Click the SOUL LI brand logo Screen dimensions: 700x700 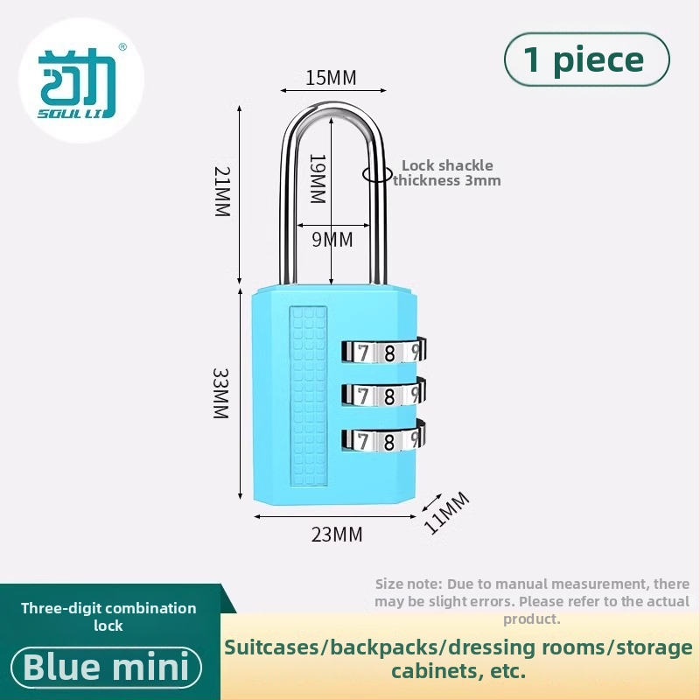[x=77, y=83]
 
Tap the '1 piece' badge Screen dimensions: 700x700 [x=586, y=59]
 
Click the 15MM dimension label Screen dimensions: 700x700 [x=332, y=78]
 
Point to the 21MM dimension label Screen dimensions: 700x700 [x=222, y=192]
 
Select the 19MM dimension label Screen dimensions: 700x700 [x=318, y=178]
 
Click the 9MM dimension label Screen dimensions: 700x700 [x=332, y=240]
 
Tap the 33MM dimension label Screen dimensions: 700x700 [x=220, y=393]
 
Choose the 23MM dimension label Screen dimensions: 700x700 [x=337, y=535]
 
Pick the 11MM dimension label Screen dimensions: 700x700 [x=446, y=513]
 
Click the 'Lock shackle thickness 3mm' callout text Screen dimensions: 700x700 [x=447, y=172]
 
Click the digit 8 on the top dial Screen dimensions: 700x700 [x=389, y=353]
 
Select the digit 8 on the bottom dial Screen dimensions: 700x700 [x=388, y=442]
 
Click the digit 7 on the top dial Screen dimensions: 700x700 [x=363, y=353]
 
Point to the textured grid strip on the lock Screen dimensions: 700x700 [x=308, y=396]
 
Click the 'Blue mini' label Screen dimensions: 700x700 [x=106, y=668]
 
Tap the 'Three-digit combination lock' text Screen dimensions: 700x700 [x=108, y=617]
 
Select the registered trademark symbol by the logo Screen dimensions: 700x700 [x=122, y=47]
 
